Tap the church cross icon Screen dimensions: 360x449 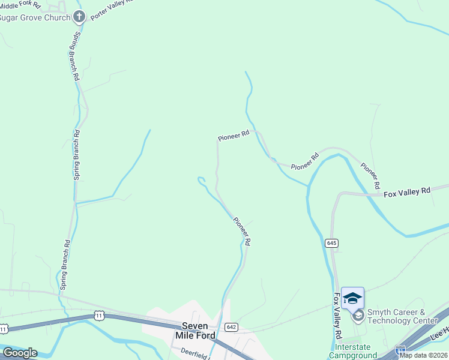pos(79,16)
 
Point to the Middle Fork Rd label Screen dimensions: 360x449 pos(21,4)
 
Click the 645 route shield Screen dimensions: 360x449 pos(332,243)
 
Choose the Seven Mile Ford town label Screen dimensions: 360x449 pos(195,330)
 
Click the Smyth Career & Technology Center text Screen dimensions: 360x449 pos(403,316)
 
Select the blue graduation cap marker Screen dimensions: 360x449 pos(352,298)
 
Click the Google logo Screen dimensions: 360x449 pos(20,353)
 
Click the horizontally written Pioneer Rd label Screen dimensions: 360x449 pos(233,137)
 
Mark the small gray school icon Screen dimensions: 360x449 pos(358,316)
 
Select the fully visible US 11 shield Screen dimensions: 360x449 pos(100,315)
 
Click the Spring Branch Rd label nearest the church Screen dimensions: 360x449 pos(75,57)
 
